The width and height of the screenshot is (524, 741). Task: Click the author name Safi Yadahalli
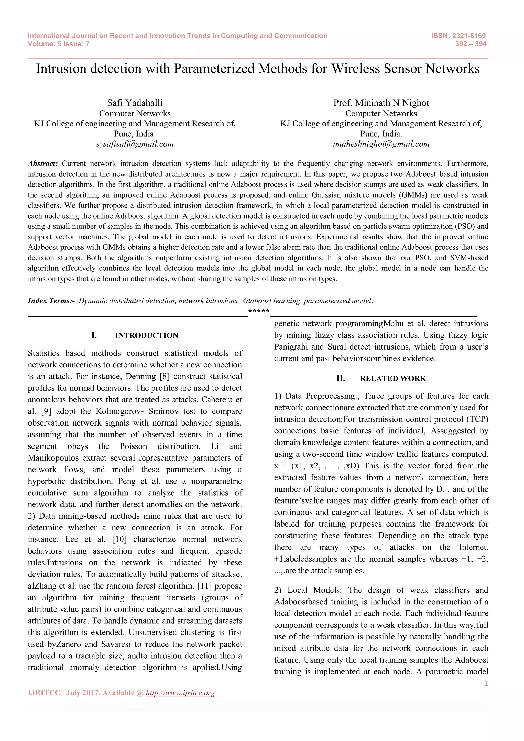point(135,103)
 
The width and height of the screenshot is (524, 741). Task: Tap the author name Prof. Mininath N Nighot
point(381,103)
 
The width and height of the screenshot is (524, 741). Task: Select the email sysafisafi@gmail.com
point(135,144)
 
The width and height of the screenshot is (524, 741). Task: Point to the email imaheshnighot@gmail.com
point(381,144)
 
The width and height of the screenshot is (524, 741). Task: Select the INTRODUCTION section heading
point(147,336)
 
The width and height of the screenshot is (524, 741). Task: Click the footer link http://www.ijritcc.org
point(180,693)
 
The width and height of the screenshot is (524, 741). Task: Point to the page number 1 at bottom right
point(486,683)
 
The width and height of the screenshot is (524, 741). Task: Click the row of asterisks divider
point(259,311)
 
